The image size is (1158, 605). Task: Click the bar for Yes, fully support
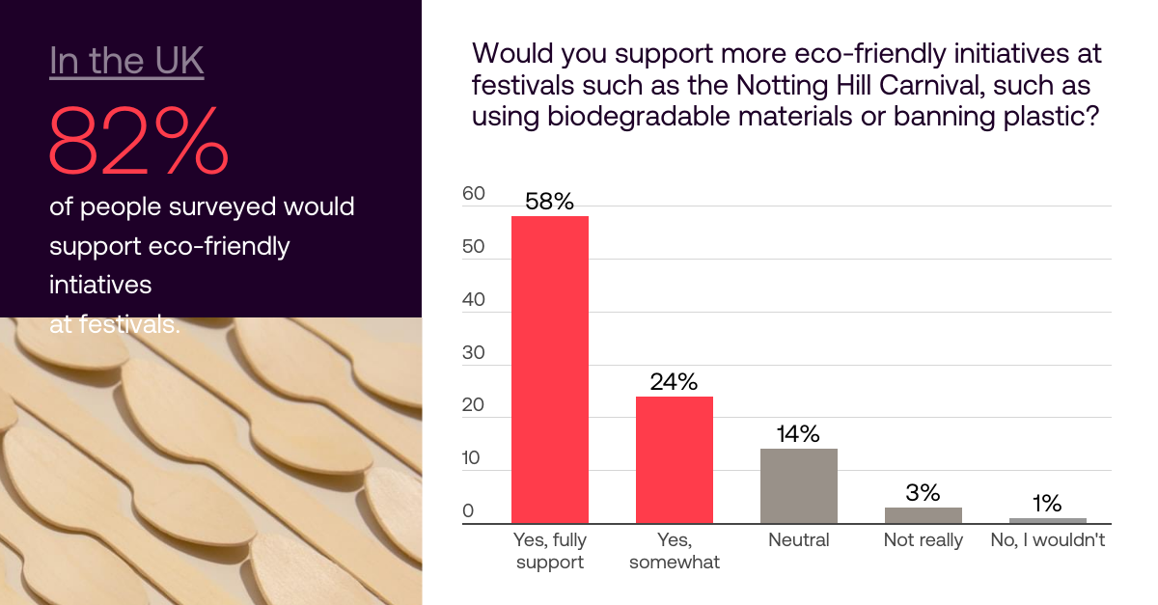[x=549, y=370]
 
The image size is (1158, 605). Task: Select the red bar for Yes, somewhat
[x=675, y=459]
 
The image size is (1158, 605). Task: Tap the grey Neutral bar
[x=799, y=486]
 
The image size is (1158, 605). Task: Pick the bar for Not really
[x=924, y=515]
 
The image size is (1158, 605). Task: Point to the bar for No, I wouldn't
[x=1048, y=521]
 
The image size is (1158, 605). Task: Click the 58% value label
[x=549, y=201]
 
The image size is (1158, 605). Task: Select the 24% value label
[x=674, y=381]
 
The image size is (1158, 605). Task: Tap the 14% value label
[x=798, y=434]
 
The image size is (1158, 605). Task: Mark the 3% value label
[x=923, y=492]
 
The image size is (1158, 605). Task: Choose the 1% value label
[x=1047, y=503]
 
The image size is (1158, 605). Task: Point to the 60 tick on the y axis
[x=474, y=193]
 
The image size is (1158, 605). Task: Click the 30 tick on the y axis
[x=474, y=352]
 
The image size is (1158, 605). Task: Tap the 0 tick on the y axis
[x=468, y=510]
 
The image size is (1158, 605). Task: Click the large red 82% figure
[x=139, y=140]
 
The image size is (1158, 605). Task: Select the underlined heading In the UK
[x=126, y=62]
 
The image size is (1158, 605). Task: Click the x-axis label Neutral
[x=799, y=539]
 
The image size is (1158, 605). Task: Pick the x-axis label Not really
[x=924, y=540]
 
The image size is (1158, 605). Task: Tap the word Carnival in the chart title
[x=931, y=85]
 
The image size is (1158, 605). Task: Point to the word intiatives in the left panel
[x=100, y=285]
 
